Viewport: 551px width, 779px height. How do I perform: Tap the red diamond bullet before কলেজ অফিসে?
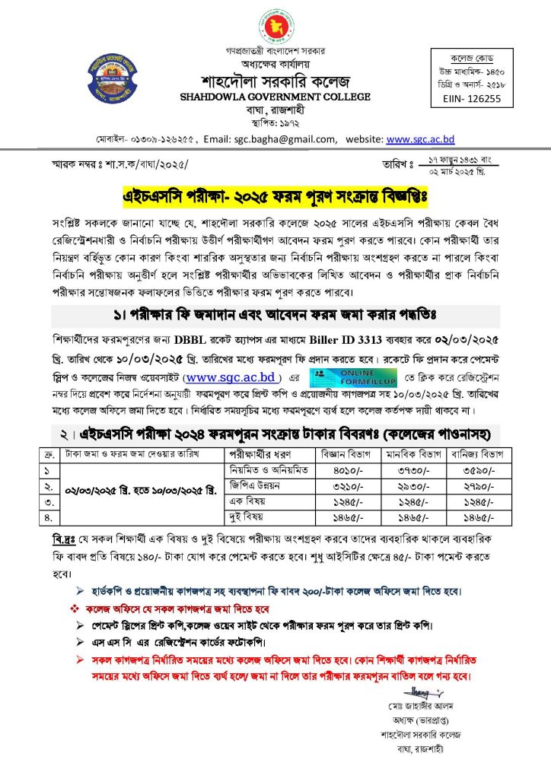point(75,610)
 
